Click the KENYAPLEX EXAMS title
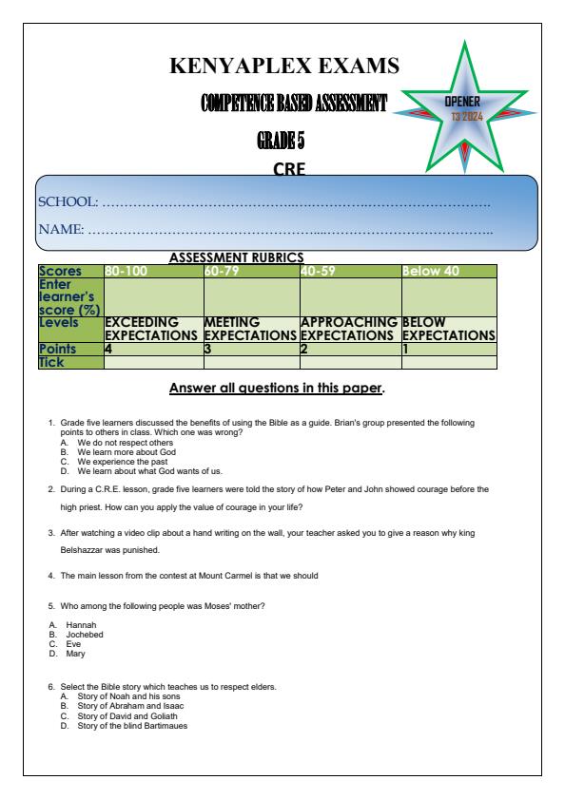pos(282,67)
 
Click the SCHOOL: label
pos(67,202)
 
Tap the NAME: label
pos(61,229)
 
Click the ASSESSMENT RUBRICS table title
pos(236,257)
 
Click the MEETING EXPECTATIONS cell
pos(250,329)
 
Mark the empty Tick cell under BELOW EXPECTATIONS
pos(448,361)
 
